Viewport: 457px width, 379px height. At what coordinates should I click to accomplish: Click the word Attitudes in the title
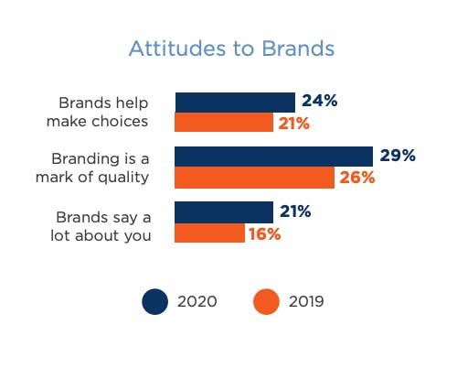[177, 49]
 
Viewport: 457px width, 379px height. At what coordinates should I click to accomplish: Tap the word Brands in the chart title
[298, 49]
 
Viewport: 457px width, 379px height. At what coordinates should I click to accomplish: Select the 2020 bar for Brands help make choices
[235, 103]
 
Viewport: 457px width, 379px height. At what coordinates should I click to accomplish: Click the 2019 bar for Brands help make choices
[224, 122]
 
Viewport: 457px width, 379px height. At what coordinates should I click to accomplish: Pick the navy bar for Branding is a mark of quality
[273, 157]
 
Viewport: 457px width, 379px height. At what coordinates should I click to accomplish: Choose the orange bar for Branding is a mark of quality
[254, 178]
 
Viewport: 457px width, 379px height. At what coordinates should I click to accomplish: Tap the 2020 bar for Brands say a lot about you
[224, 212]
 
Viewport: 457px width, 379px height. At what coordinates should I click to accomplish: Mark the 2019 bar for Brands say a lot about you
[209, 233]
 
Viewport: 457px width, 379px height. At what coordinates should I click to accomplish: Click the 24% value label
[320, 101]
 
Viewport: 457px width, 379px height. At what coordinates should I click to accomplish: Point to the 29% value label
[398, 156]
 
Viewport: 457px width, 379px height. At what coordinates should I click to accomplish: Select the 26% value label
[357, 178]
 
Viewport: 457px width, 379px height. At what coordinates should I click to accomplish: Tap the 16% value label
[265, 234]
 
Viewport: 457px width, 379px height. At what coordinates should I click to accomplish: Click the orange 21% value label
[294, 124]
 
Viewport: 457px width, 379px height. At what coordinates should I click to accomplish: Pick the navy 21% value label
[295, 211]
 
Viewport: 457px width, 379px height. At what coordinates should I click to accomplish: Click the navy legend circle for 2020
[154, 301]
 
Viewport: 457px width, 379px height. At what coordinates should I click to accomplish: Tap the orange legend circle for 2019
[266, 301]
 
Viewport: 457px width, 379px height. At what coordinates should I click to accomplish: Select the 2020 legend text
[197, 301]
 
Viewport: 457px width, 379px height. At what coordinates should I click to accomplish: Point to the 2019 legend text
[306, 301]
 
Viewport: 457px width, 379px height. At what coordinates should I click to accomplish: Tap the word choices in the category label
[120, 121]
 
